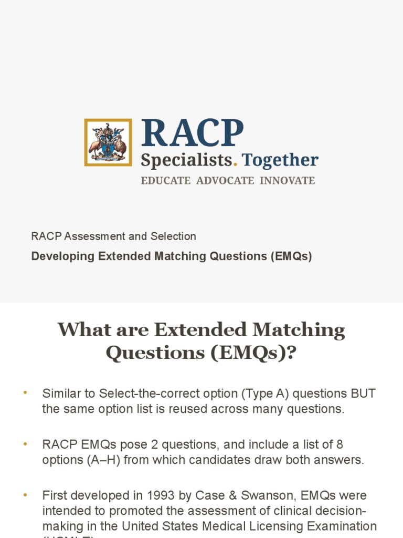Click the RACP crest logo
[x=108, y=142]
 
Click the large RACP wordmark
[x=193, y=133]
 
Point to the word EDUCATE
[x=165, y=181]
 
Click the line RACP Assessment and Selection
[x=113, y=236]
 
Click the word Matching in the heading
[x=299, y=330]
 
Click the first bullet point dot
[x=24, y=393]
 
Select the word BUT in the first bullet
[x=364, y=394]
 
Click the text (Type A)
[x=252, y=394]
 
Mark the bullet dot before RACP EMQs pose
[x=24, y=444]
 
